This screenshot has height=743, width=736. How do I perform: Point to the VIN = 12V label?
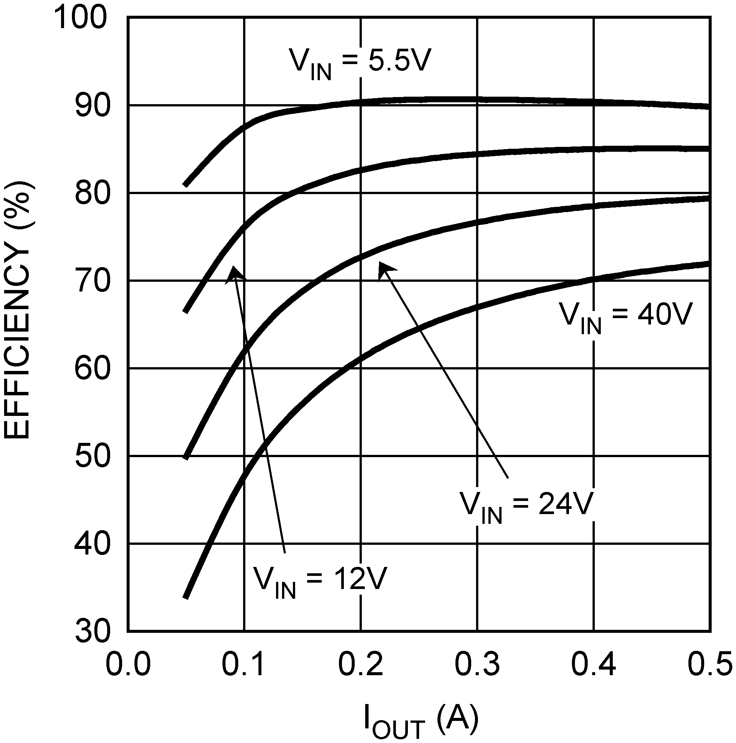(319, 581)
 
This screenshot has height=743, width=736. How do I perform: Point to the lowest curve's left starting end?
(186, 597)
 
